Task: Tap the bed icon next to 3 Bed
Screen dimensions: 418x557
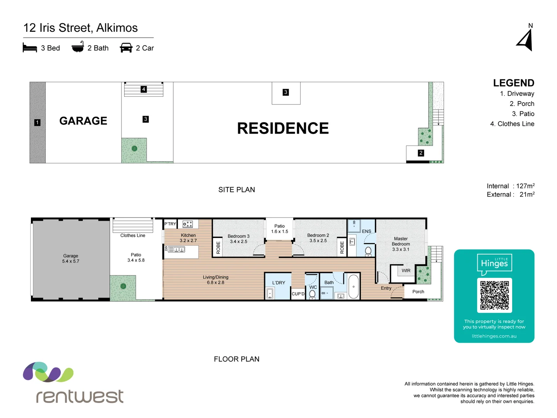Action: point(30,48)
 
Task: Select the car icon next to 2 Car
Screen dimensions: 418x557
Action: point(126,48)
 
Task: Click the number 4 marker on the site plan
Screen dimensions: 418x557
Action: point(144,89)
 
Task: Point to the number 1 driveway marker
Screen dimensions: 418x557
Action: point(37,122)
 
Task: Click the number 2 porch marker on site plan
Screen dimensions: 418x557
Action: point(421,153)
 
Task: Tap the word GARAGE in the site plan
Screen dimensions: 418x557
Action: point(83,121)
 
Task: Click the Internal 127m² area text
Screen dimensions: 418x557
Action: point(510,186)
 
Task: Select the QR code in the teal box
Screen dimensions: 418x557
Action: point(494,295)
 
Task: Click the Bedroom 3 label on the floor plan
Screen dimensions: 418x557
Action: point(238,239)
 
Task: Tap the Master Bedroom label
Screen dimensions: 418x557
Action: point(401,244)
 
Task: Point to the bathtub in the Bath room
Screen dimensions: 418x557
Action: point(354,287)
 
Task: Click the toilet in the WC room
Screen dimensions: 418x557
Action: point(313,294)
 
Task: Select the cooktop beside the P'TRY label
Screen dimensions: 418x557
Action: point(188,224)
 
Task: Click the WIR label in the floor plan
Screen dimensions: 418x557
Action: point(406,271)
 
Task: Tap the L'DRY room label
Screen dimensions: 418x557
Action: point(278,283)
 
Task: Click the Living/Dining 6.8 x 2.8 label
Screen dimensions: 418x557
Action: point(215,280)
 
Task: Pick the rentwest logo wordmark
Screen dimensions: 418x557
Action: point(80,396)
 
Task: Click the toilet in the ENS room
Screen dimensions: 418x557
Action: point(368,251)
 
